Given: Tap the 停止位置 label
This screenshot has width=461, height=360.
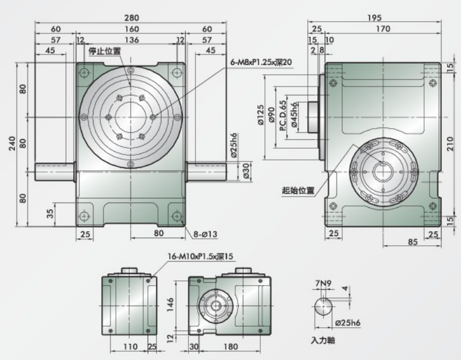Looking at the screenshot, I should (x=105, y=51).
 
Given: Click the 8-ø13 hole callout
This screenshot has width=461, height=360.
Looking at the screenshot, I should (x=205, y=234).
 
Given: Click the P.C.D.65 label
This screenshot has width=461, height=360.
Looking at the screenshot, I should (x=283, y=116).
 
